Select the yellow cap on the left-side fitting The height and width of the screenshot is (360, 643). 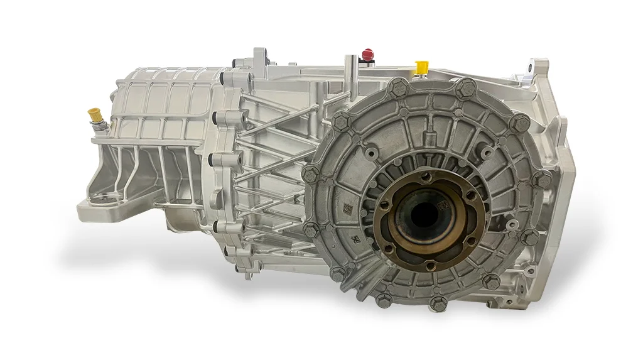(95, 116)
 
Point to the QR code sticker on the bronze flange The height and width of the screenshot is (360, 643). (443, 205)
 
